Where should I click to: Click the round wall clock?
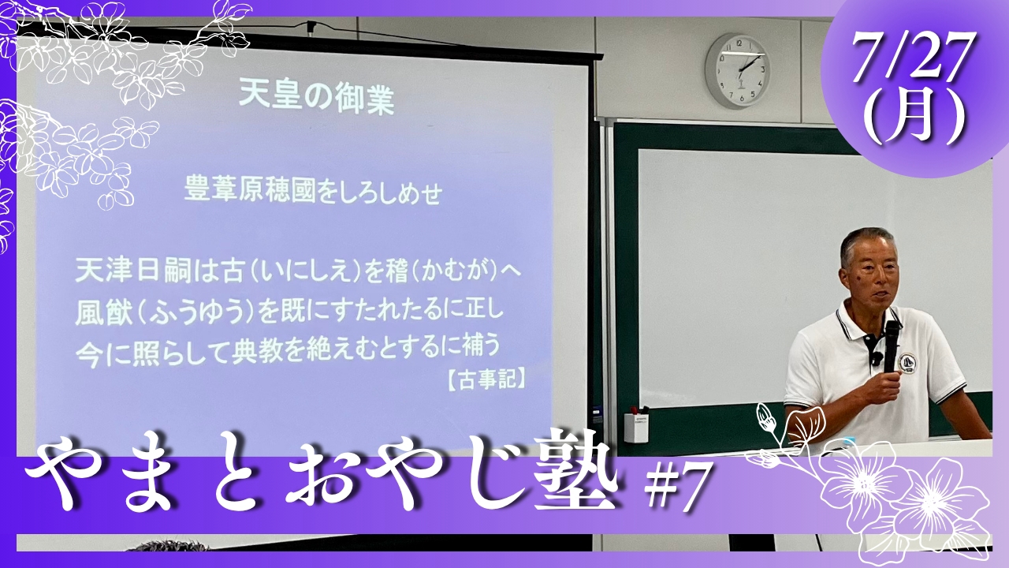pyautogui.click(x=738, y=71)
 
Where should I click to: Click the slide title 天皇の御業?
pyautogui.click(x=317, y=99)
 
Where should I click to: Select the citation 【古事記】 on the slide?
pyautogui.click(x=486, y=381)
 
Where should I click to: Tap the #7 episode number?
pyautogui.click(x=676, y=491)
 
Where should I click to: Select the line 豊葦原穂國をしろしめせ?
pyautogui.click(x=313, y=192)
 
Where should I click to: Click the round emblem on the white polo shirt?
pyautogui.click(x=907, y=361)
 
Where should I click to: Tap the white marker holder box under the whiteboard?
pyautogui.click(x=635, y=428)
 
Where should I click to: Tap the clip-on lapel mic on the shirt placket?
pyautogui.click(x=876, y=359)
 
